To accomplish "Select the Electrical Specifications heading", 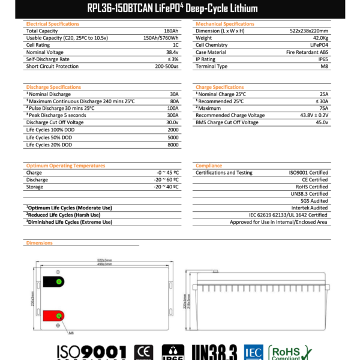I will [x=53, y=24].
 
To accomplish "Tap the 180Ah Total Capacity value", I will [x=170, y=31].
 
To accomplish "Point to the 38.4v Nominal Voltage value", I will [x=171, y=52].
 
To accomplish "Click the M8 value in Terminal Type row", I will [x=323, y=67].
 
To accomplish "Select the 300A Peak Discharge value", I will [x=173, y=115].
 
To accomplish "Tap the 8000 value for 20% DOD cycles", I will [x=173, y=144].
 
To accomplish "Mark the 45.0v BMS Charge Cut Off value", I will [x=321, y=122].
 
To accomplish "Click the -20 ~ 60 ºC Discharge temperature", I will [x=166, y=179].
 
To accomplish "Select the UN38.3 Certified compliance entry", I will [x=310, y=194].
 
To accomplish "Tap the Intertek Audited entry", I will [x=309, y=208].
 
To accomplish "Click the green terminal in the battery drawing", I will [x=58, y=281].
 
